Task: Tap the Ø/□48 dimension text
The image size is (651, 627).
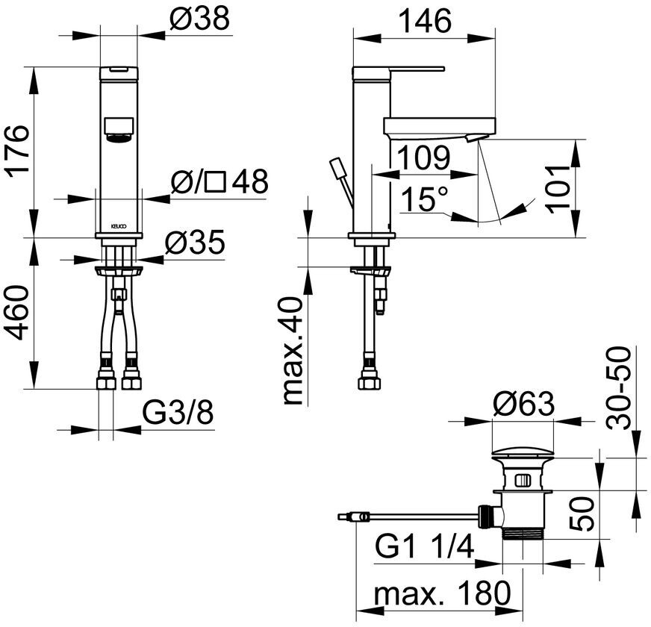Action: point(219,182)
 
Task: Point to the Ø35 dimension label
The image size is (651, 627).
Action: point(194,244)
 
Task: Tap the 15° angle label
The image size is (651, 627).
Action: point(425,201)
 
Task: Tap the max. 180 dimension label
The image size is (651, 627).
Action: point(442,595)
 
